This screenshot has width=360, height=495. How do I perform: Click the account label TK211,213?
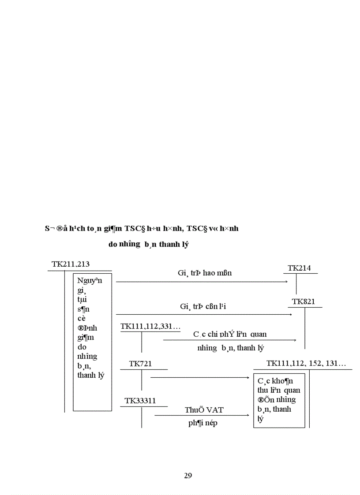71,264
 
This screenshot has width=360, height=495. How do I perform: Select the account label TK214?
299,268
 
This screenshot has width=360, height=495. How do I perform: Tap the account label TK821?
304,301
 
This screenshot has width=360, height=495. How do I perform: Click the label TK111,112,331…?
150,326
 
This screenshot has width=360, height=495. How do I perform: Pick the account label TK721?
141,364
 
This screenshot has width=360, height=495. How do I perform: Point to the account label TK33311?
140,401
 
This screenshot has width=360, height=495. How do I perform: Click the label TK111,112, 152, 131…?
306,363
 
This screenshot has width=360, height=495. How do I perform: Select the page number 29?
187,475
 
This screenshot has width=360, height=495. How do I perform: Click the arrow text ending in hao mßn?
205,273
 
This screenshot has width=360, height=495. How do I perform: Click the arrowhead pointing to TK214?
286,282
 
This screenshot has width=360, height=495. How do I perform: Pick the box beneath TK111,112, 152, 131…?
279,400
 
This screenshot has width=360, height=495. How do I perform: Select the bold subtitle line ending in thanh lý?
148,245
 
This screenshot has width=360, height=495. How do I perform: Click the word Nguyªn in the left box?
90,281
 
